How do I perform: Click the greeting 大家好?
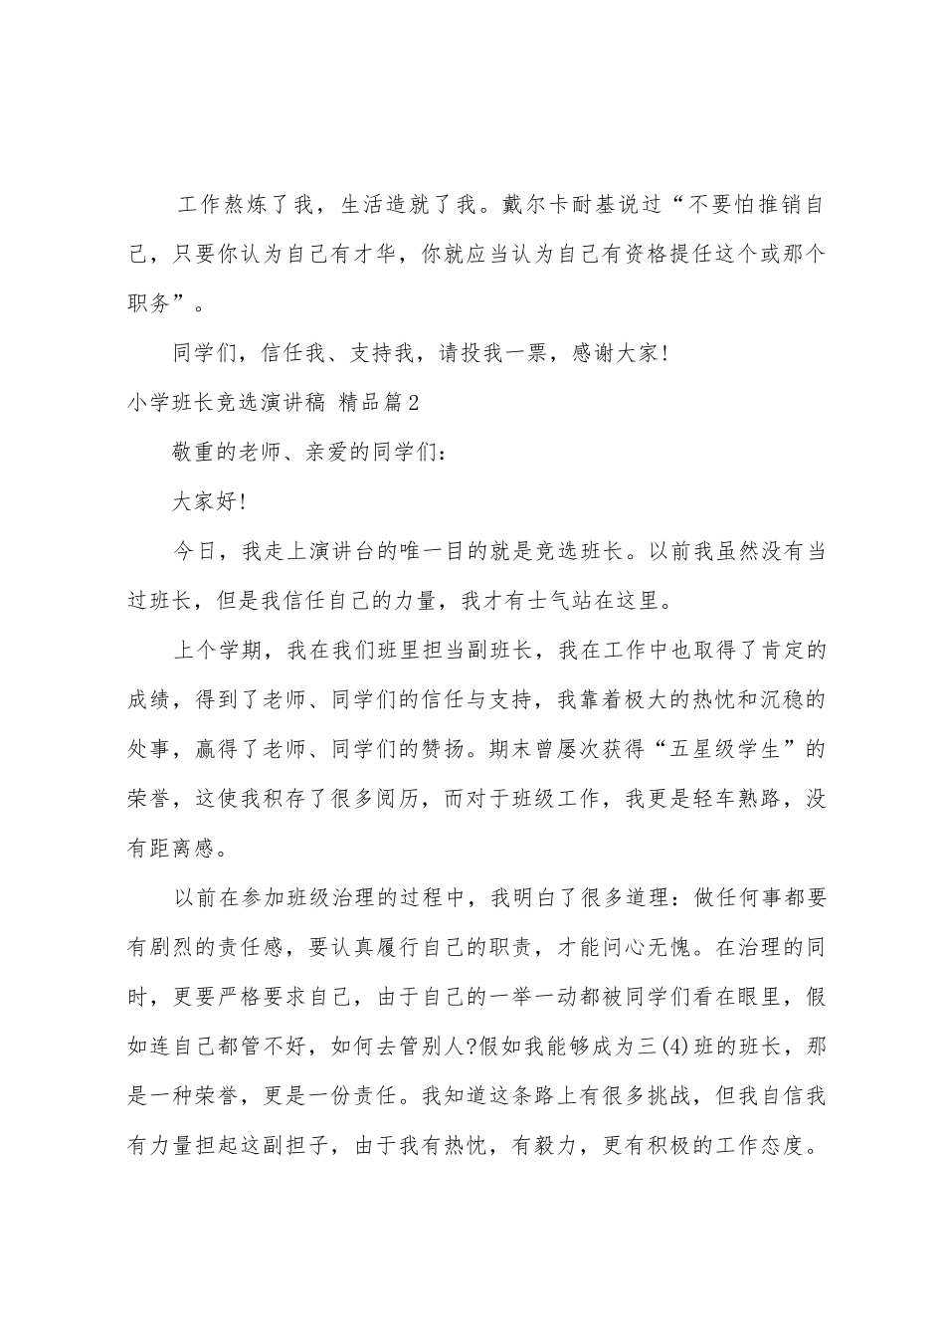[208, 502]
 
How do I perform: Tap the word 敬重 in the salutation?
[194, 453]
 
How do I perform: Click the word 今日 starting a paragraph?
[194, 552]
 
